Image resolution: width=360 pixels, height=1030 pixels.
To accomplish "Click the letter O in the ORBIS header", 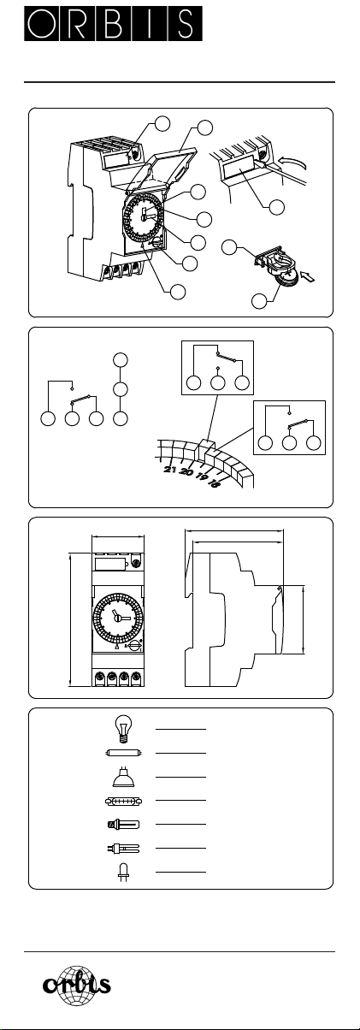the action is [42, 23].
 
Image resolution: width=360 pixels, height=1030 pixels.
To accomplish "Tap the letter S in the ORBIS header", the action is [186, 23].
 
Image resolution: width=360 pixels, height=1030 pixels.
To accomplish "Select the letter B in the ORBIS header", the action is [114, 23].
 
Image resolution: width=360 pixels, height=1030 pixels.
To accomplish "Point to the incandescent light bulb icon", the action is [123, 728].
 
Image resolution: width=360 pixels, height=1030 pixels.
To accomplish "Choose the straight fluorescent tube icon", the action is [123, 753].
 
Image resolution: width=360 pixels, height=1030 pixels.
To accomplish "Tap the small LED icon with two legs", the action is [123, 873].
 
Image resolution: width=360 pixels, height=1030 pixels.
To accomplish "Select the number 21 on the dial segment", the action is [170, 470].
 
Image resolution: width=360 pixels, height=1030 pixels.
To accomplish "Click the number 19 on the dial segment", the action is [202, 476].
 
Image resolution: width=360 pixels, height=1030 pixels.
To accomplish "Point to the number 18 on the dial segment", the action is [215, 482].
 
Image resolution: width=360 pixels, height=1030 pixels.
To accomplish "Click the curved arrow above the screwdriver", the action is [292, 162].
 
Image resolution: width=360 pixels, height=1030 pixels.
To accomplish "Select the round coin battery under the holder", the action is [286, 280].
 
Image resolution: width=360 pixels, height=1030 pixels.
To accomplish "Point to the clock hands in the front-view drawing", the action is [117, 615].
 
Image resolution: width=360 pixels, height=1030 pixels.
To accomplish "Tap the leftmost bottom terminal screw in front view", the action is [100, 678].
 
